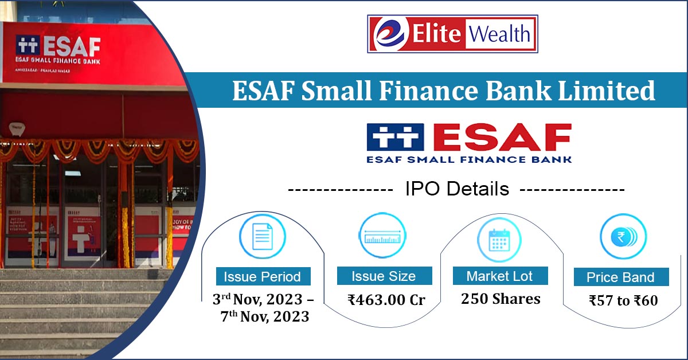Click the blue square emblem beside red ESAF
[395, 136]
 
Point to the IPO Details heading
[457, 189]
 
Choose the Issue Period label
[262, 277]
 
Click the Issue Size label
[384, 276]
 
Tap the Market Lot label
[500, 276]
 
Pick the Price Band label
[620, 277]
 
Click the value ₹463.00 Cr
[386, 299]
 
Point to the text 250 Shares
[501, 299]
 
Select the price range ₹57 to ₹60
[623, 300]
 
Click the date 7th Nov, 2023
[265, 316]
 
